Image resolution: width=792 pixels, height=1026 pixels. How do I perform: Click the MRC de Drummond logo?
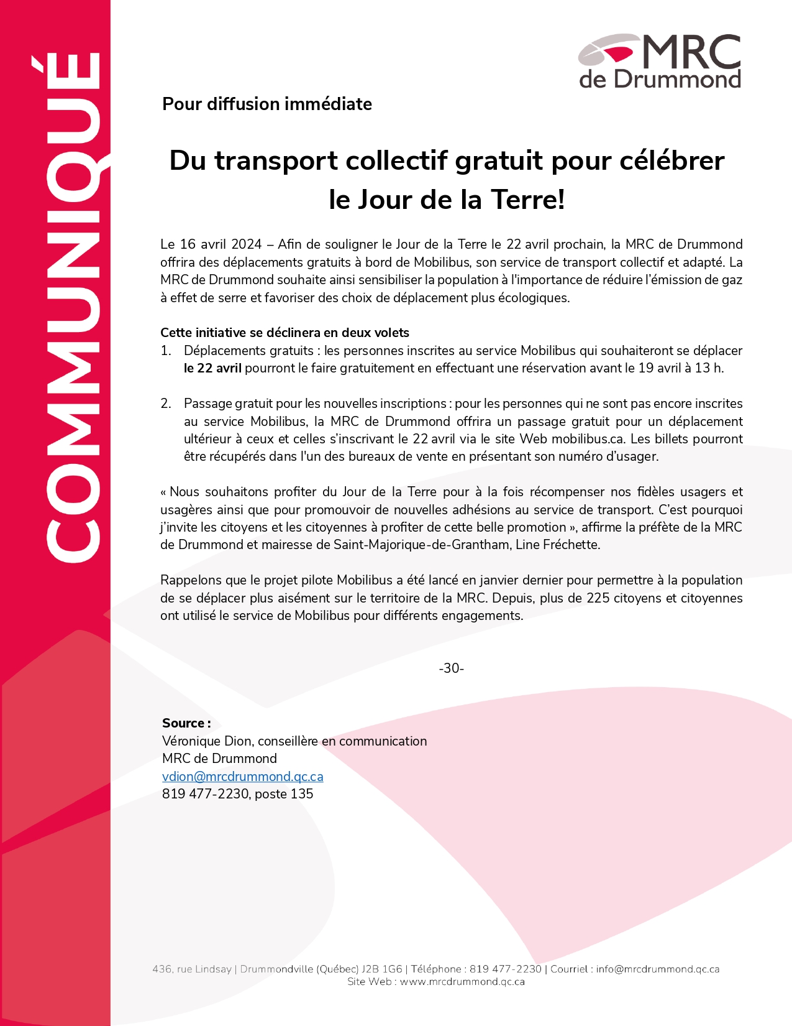pyautogui.click(x=660, y=61)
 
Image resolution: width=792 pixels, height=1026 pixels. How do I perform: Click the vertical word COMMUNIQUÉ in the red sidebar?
pyautogui.click(x=71, y=308)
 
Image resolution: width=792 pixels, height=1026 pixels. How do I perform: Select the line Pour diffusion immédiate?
pyautogui.click(x=267, y=104)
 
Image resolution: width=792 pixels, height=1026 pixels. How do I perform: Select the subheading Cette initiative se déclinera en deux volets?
pyautogui.click(x=284, y=333)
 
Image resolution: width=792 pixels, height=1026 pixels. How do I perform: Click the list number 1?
pyautogui.click(x=166, y=351)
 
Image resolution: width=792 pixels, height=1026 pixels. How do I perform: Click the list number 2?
pyautogui.click(x=166, y=404)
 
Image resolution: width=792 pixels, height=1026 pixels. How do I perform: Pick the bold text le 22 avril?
pyautogui.click(x=212, y=368)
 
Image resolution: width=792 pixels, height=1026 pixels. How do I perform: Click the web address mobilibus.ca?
pyautogui.click(x=588, y=439)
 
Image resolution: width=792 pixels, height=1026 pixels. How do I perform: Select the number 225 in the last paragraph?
pyautogui.click(x=598, y=598)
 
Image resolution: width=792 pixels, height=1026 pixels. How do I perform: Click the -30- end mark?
pyautogui.click(x=452, y=668)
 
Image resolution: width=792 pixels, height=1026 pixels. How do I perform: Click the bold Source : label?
pyautogui.click(x=186, y=723)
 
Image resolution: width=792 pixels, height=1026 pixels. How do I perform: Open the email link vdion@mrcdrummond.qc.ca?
pyautogui.click(x=242, y=777)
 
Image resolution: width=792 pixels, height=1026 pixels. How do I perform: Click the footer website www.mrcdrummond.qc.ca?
pyautogui.click(x=462, y=982)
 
